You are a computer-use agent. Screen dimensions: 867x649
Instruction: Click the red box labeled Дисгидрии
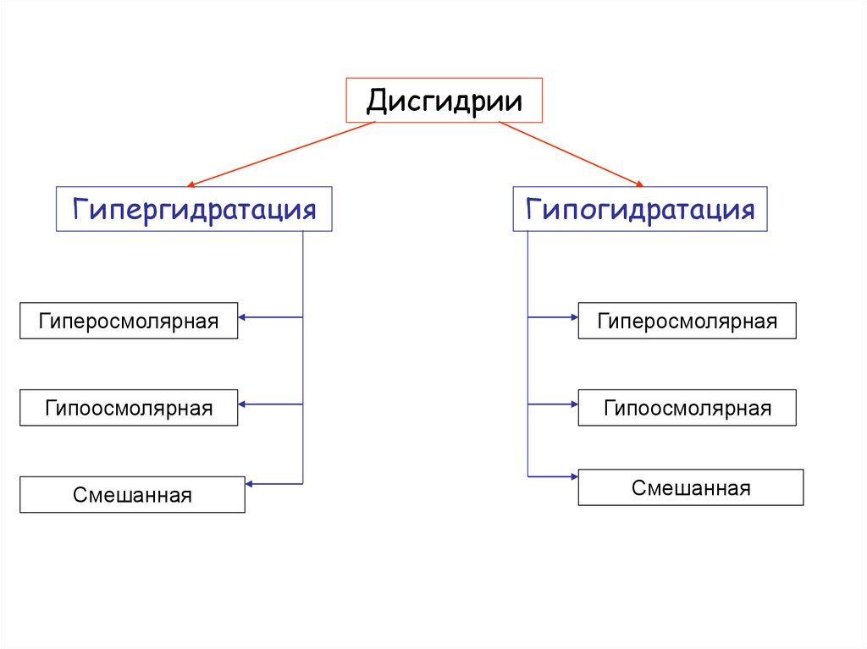(x=444, y=101)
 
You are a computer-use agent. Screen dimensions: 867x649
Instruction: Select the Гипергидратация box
(x=194, y=209)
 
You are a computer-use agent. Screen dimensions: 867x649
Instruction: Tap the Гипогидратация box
(x=639, y=209)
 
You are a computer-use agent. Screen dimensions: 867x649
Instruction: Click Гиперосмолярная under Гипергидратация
(x=129, y=321)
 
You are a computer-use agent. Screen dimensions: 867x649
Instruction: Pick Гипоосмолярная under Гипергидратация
(x=129, y=408)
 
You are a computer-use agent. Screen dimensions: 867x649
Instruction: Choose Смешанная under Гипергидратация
(x=132, y=495)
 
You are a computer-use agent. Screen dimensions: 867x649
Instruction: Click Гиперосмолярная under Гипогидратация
(x=687, y=321)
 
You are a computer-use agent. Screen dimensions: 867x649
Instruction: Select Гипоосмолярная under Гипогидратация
(x=687, y=408)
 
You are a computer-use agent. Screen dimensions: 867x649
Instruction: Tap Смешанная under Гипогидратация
(x=690, y=488)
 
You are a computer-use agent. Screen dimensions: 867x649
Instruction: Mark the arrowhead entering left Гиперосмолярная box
(x=242, y=317)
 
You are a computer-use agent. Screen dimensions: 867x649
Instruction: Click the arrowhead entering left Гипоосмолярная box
(x=242, y=404)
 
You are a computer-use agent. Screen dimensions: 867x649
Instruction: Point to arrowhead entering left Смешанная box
(x=249, y=484)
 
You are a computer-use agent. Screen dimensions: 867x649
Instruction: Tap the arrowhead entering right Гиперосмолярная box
(x=573, y=317)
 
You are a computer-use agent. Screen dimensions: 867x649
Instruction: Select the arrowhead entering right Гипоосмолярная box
(x=573, y=404)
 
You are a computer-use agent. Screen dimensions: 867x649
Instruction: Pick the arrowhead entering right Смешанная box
(x=573, y=476)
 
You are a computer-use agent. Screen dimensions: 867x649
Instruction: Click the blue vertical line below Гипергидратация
(x=302, y=355)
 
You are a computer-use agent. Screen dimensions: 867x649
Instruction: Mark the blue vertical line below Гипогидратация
(x=527, y=355)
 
